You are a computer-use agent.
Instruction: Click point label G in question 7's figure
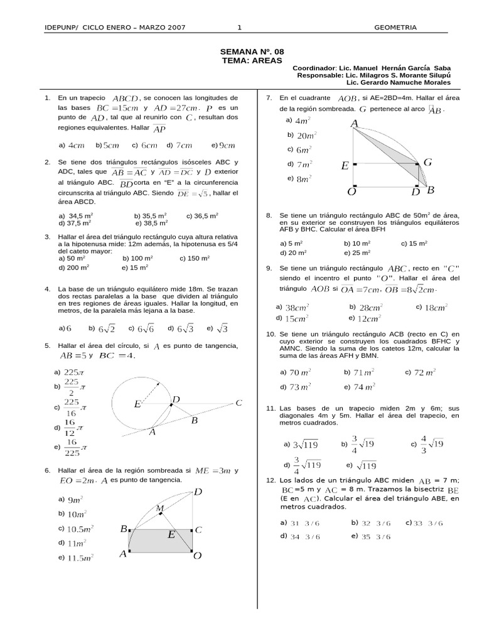coord(427,163)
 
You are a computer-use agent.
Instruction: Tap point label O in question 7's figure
coord(351,191)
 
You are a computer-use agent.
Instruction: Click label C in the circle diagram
coord(238,403)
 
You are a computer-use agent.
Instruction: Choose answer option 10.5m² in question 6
coord(80,528)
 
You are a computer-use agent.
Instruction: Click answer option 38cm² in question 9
coord(297,308)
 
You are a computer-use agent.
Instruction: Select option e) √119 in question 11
coord(367,465)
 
